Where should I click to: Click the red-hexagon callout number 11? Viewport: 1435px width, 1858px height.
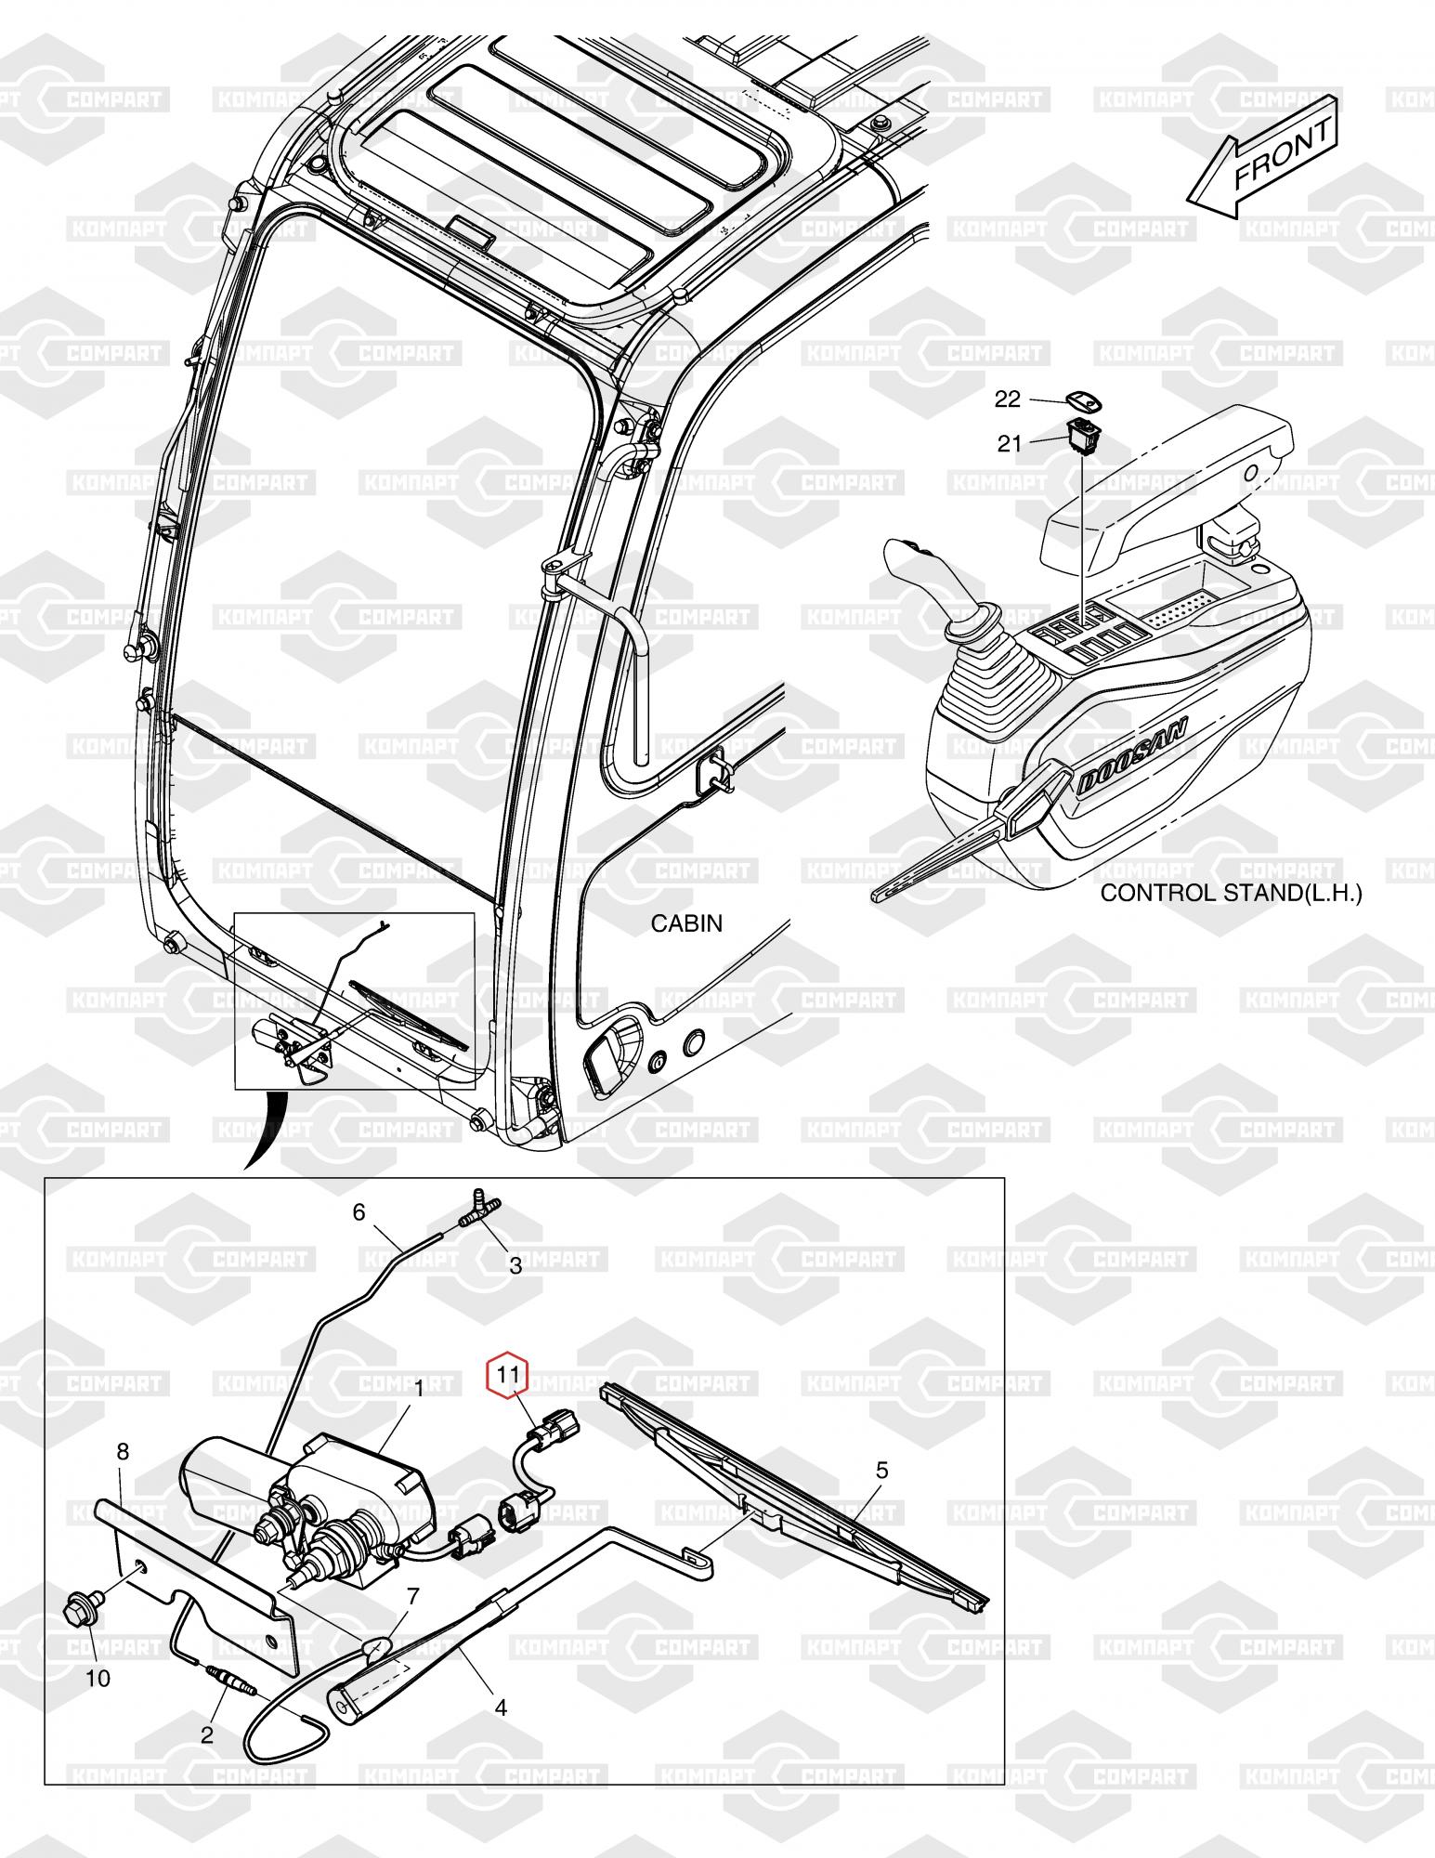click(507, 1374)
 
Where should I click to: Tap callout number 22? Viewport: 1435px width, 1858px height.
click(1008, 399)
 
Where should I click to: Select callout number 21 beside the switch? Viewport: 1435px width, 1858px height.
click(1010, 444)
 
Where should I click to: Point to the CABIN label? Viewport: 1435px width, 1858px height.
click(686, 923)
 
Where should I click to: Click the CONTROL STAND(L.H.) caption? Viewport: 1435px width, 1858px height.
click(1231, 894)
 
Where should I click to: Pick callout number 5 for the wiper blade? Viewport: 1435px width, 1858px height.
click(881, 1470)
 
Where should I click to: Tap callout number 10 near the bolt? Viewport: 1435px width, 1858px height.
click(98, 1679)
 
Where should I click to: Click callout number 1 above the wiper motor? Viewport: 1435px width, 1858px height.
click(418, 1389)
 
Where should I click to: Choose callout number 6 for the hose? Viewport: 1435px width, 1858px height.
click(359, 1212)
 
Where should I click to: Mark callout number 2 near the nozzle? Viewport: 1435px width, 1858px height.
click(207, 1734)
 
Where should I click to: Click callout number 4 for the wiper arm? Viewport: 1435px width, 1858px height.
click(501, 1708)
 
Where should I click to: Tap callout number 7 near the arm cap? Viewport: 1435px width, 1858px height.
click(413, 1596)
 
